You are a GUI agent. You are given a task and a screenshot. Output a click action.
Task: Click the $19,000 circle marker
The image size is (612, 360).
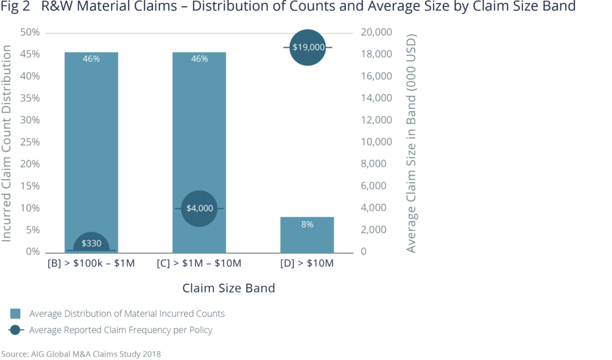tap(307, 47)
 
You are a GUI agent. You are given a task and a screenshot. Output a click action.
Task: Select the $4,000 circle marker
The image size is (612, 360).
tap(199, 208)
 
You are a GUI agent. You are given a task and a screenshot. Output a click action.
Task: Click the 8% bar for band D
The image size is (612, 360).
tap(307, 234)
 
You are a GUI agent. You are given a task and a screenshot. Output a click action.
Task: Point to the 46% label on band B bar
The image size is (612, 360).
tap(91, 59)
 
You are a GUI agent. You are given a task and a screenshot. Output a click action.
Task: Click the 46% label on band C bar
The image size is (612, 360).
tap(199, 59)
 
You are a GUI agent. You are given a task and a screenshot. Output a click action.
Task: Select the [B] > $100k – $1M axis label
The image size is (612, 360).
tap(91, 264)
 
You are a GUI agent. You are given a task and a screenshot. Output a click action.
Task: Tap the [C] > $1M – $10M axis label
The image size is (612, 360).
tap(199, 264)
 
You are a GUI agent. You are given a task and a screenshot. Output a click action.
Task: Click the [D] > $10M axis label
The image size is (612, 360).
tap(307, 264)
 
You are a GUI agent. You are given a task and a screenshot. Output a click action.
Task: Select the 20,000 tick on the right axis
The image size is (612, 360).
tap(376, 32)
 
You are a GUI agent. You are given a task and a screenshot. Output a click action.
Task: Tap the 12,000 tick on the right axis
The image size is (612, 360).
tap(376, 120)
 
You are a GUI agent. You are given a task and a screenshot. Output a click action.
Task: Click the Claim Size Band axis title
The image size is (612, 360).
tap(228, 288)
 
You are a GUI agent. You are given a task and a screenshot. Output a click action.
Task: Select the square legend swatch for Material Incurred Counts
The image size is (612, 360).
tap(16, 313)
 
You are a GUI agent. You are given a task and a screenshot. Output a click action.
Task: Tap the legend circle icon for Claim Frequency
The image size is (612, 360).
tap(16, 330)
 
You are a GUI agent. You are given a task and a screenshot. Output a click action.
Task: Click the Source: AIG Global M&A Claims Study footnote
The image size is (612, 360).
tap(81, 353)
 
